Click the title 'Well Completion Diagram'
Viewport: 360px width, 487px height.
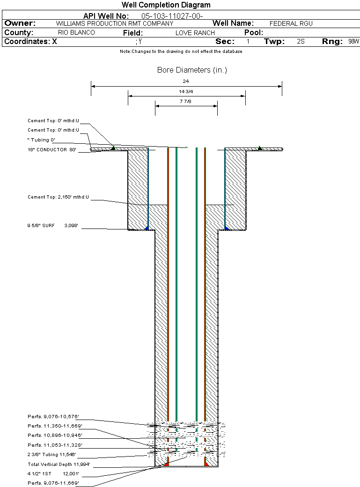point(166,5)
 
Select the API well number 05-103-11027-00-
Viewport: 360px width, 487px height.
point(172,16)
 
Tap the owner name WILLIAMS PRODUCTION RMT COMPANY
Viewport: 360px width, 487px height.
point(115,23)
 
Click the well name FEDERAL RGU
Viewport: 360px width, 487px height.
point(291,23)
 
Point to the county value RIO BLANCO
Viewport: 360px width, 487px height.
point(76,33)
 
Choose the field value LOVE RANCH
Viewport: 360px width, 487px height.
point(195,33)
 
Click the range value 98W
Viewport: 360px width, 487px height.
point(353,42)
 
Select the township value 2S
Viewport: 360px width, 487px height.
point(301,42)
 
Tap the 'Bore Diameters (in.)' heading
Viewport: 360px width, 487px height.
point(192,70)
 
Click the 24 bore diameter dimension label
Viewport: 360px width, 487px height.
point(186,81)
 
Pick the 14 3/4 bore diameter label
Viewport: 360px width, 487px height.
point(186,92)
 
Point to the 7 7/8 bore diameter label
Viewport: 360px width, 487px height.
point(186,102)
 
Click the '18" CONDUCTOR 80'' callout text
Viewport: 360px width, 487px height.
point(52,150)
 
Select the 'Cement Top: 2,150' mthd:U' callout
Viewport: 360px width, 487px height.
point(58,197)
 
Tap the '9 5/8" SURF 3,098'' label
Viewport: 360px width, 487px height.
point(52,226)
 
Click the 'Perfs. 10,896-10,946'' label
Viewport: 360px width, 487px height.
point(55,435)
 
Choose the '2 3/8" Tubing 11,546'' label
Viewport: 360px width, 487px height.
point(51,455)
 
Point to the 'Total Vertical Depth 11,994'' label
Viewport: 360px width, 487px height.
point(59,465)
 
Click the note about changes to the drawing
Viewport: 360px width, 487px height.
point(181,52)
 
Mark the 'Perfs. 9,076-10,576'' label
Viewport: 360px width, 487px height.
point(53,417)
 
